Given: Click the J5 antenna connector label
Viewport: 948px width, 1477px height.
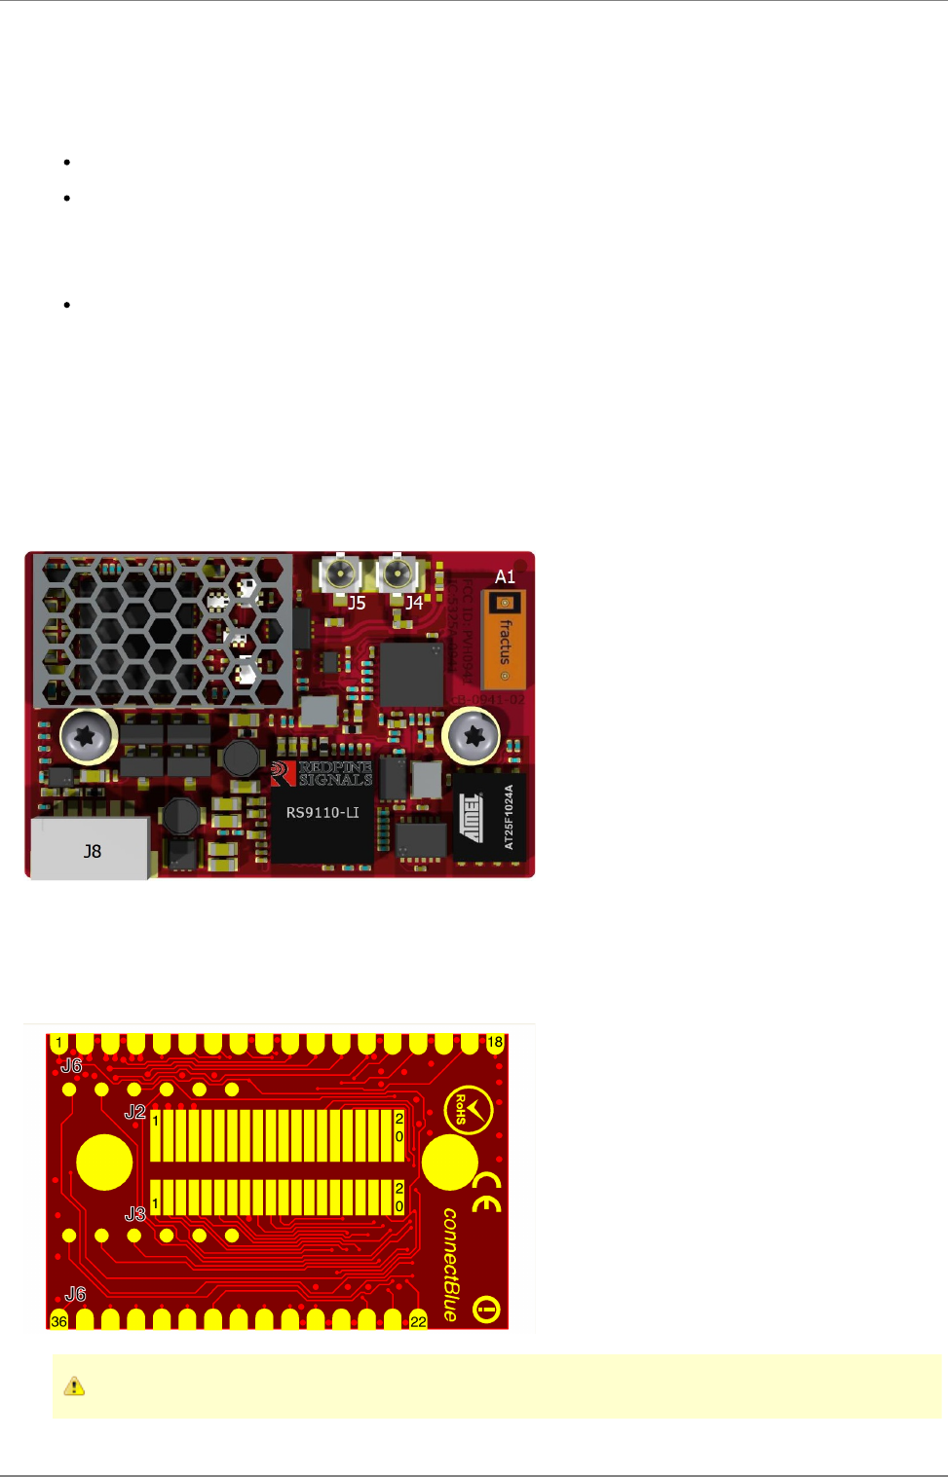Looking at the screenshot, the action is point(357,603).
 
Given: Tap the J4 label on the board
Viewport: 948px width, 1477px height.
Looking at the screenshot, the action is point(414,603).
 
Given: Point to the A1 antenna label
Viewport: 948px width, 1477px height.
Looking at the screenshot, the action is point(505,576).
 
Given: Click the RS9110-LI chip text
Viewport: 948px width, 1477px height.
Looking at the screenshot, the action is point(322,812).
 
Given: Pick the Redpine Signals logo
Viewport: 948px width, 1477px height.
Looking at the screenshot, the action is point(322,773).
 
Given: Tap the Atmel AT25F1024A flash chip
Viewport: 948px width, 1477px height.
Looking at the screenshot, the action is point(490,817).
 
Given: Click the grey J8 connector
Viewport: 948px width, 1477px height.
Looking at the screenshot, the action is point(91,850).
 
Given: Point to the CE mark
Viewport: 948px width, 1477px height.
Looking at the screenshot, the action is point(487,1193).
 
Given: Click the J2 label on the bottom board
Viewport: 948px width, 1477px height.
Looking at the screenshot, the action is point(135,1112).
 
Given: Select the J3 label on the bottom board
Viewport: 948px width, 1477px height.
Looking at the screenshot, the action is point(135,1213).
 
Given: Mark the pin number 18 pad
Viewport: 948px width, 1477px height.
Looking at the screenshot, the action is point(495,1043).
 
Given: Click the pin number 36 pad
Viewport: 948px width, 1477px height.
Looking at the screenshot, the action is point(58,1320).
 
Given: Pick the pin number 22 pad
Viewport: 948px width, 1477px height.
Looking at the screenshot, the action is point(418,1320).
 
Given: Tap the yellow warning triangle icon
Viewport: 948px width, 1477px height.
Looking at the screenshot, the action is point(74,1385).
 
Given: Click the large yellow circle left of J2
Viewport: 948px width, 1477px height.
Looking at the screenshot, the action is point(104,1162).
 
